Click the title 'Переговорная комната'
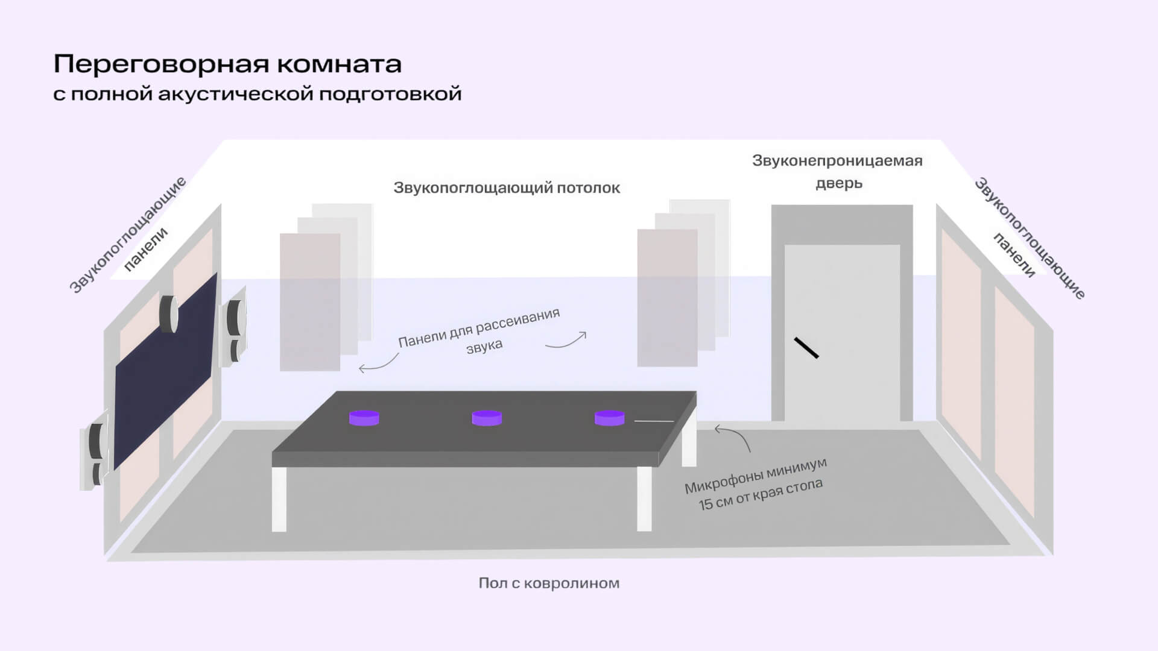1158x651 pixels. click(227, 63)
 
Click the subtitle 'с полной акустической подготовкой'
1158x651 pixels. click(258, 94)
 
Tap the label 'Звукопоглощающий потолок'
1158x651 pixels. click(507, 188)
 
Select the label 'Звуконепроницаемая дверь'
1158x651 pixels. click(837, 172)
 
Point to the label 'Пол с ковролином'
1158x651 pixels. click(549, 583)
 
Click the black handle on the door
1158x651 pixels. click(806, 348)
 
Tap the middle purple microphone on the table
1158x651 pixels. click(487, 418)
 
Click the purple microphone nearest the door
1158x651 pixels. click(609, 418)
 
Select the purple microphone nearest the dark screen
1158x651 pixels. click(364, 418)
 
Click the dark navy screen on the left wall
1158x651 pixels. click(166, 371)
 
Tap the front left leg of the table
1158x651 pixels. click(279, 499)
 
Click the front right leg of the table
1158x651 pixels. click(644, 498)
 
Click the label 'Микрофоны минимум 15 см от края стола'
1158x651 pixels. click(756, 485)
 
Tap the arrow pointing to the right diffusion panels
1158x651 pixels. click(567, 342)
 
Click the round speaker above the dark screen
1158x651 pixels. click(169, 313)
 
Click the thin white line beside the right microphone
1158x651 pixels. click(654, 421)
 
